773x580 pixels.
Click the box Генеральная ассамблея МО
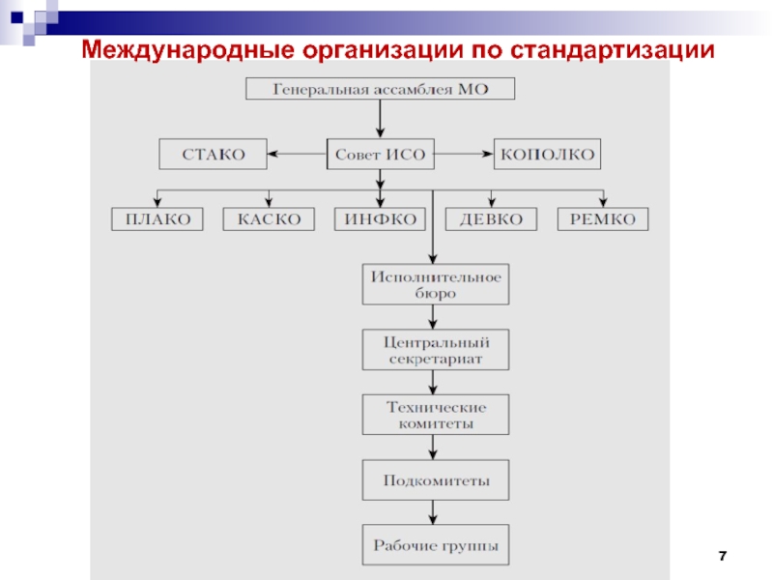click(381, 89)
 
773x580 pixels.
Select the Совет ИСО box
click(381, 153)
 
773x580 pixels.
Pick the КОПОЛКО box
click(547, 153)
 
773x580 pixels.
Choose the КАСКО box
click(270, 219)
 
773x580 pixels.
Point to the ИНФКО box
click(381, 219)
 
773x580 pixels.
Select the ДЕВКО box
click(491, 219)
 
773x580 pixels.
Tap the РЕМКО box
click(603, 219)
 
